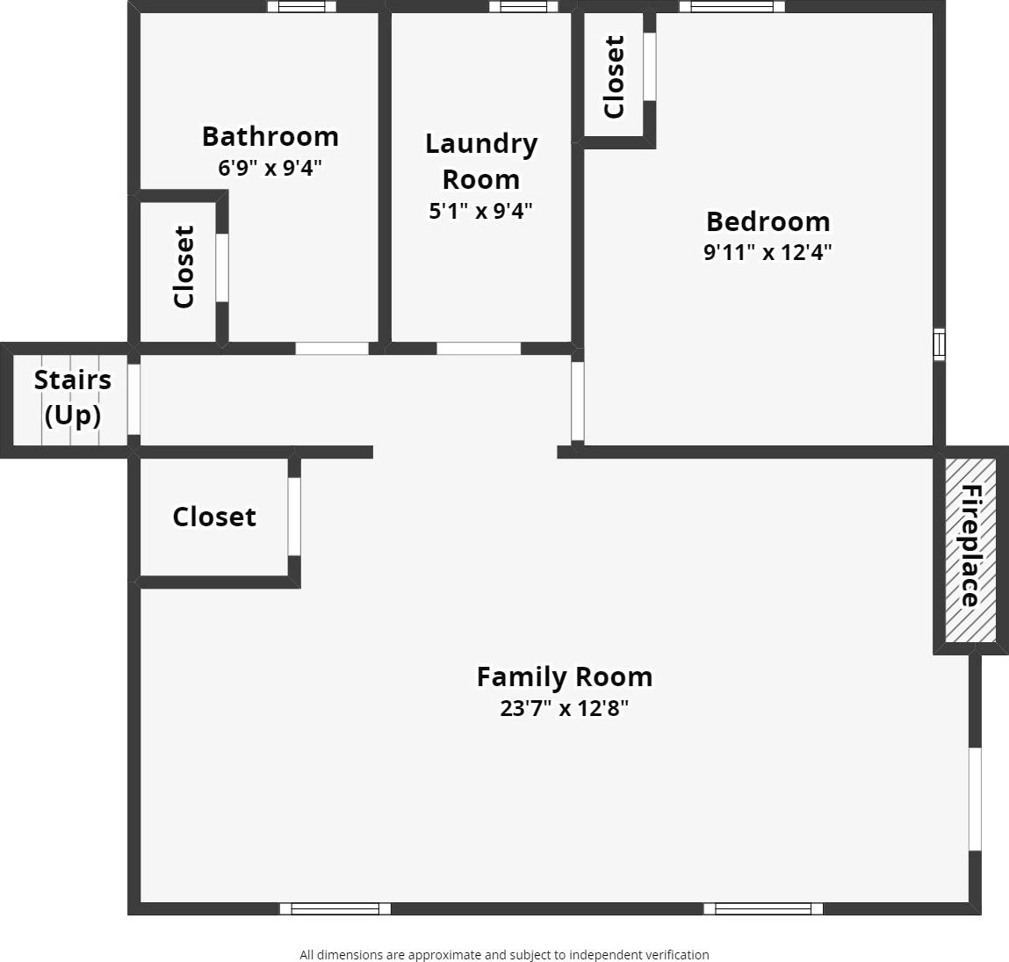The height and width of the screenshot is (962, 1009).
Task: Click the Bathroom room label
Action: [270, 136]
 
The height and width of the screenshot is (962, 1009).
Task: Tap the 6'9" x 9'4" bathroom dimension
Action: [270, 167]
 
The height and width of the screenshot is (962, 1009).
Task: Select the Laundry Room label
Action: [481, 161]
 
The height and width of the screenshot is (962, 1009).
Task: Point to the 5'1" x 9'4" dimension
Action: [481, 211]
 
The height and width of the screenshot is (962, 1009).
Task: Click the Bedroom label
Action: [768, 221]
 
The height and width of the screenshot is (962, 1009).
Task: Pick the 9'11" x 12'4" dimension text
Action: [768, 252]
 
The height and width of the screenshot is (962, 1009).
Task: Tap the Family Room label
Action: [565, 676]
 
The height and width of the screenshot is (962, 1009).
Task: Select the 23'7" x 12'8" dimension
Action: [565, 708]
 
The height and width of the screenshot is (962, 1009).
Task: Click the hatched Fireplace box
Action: [970, 550]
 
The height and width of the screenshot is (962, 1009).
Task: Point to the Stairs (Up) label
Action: [72, 397]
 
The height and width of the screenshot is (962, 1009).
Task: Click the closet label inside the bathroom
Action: [184, 267]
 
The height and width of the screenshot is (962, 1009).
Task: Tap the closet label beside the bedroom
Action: [614, 76]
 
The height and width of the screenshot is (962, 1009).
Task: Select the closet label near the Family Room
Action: [214, 517]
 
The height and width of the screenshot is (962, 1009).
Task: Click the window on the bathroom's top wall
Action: [301, 7]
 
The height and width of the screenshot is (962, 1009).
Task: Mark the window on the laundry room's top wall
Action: [523, 7]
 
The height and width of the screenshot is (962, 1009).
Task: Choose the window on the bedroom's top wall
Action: [732, 7]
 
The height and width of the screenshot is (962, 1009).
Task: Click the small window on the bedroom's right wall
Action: [939, 344]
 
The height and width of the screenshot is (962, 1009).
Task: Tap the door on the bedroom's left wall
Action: [577, 401]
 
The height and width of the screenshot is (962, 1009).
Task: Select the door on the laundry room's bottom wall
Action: [479, 349]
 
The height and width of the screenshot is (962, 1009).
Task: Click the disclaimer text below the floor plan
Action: [504, 954]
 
